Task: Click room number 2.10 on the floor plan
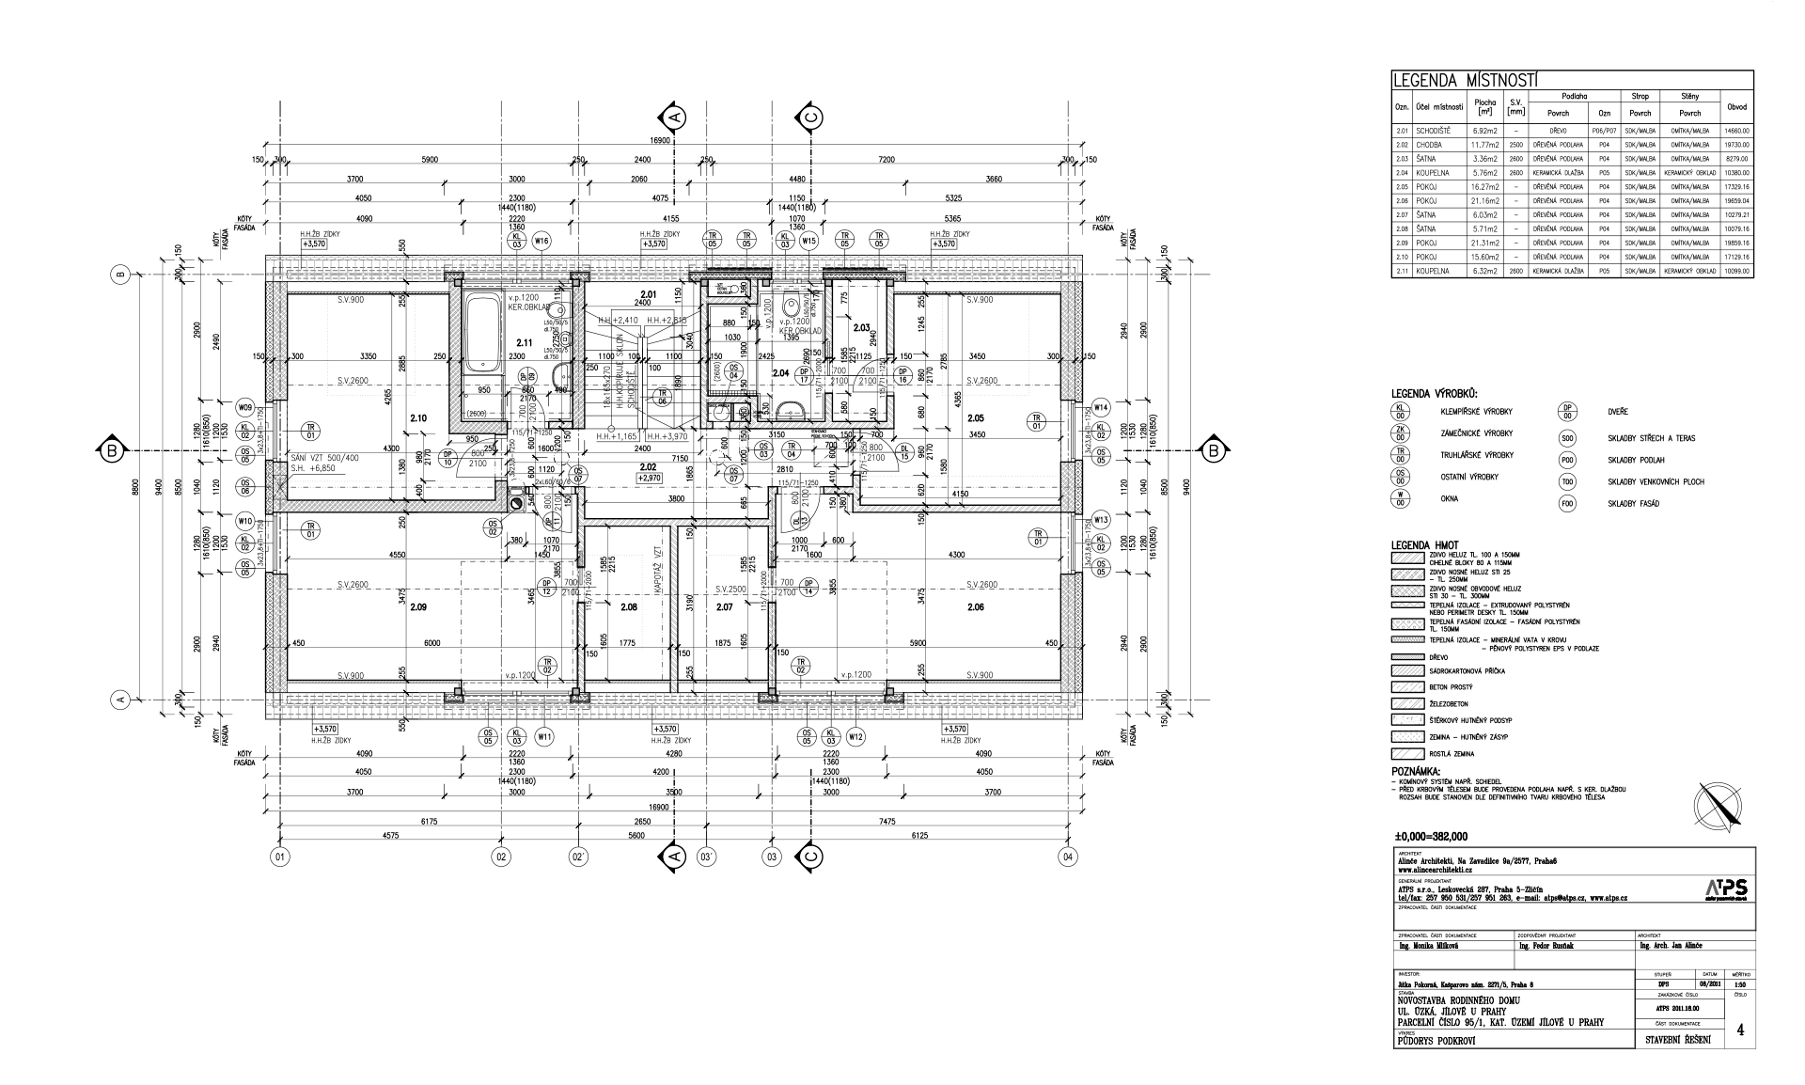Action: [x=418, y=418]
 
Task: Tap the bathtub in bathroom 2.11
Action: [x=485, y=335]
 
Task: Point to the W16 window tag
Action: [x=541, y=242]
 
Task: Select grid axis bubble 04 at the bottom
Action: [x=1067, y=857]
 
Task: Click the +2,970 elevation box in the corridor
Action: [x=650, y=478]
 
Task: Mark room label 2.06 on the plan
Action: [x=975, y=606]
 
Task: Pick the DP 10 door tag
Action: [x=448, y=458]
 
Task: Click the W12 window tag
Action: [x=855, y=737]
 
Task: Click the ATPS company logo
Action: [x=1726, y=888]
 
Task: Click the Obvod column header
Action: [x=1736, y=106]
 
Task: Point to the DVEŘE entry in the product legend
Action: [x=1619, y=413]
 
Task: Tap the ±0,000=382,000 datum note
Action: [x=1432, y=836]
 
